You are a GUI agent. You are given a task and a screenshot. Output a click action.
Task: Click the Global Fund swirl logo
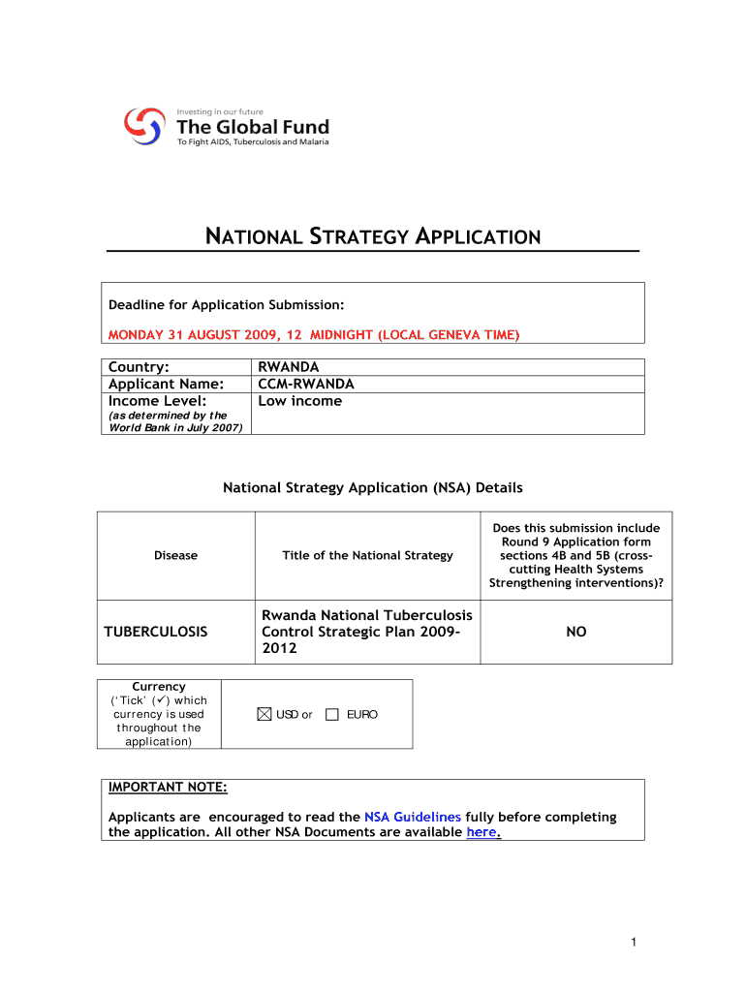tap(143, 125)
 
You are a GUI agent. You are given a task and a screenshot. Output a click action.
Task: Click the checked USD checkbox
tap(265, 715)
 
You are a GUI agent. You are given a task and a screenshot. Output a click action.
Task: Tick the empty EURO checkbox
tap(332, 715)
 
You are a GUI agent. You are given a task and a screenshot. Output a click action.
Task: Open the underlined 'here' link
tap(482, 832)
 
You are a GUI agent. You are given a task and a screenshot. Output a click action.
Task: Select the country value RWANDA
tap(289, 367)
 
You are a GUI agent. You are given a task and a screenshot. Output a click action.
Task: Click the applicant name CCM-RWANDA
tap(306, 384)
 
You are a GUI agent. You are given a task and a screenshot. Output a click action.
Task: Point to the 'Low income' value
tap(300, 401)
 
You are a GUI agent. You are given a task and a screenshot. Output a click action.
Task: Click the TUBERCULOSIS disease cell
tap(156, 632)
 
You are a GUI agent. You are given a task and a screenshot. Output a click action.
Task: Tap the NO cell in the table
tap(576, 632)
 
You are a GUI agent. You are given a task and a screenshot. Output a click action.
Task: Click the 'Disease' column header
tap(175, 555)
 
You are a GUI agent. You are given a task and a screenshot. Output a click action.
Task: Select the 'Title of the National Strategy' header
tap(367, 555)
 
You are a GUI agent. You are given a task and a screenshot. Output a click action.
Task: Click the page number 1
tap(631, 943)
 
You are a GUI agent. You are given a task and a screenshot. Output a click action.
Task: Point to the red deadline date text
tap(314, 334)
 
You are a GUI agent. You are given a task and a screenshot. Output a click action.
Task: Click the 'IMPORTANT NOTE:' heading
tap(168, 787)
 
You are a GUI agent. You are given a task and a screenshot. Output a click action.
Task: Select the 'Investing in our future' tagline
tap(220, 112)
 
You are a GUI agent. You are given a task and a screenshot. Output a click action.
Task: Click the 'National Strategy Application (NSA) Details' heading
tap(373, 488)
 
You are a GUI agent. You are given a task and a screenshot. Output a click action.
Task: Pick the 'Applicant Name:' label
tap(167, 384)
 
